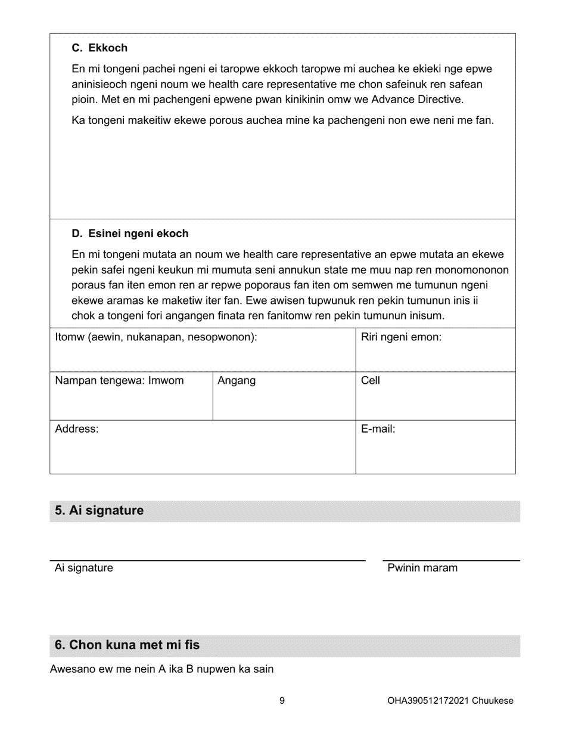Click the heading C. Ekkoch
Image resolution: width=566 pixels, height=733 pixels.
[x=99, y=48]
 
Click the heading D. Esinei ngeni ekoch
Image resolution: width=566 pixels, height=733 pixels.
[x=130, y=234]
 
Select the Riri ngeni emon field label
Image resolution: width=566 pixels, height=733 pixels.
[x=401, y=337]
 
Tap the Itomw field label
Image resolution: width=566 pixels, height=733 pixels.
[x=156, y=337]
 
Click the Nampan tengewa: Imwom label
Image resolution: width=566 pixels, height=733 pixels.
[x=119, y=381]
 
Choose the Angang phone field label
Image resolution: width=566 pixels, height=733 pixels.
[x=237, y=381]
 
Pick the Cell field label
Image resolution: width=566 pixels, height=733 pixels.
[x=370, y=381]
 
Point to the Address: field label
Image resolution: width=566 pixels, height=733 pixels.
[x=77, y=429]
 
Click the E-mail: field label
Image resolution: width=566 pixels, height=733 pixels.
[x=378, y=429]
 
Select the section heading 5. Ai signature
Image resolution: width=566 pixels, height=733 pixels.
[x=99, y=511]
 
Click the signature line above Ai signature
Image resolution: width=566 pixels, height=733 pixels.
[x=207, y=560]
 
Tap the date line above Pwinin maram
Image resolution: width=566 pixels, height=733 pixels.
[x=451, y=560]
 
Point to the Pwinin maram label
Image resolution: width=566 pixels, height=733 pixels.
[x=422, y=568]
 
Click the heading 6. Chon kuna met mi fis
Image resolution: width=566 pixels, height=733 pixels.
[x=127, y=645]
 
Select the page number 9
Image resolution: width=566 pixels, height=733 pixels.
[x=282, y=701]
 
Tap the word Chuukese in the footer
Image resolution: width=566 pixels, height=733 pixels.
[x=493, y=701]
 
